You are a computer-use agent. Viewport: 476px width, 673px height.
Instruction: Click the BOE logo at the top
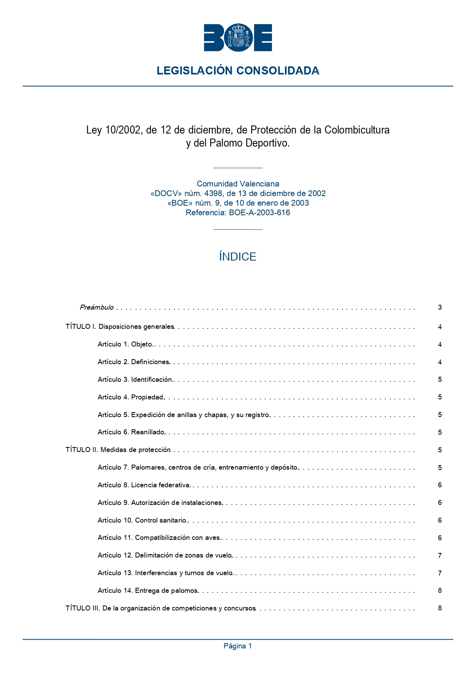[x=238, y=38]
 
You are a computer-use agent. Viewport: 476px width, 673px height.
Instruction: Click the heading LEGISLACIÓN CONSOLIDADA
[x=238, y=71]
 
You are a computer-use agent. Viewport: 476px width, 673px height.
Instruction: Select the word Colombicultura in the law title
[x=357, y=130]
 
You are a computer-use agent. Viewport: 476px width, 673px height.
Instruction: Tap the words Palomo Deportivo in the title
[x=249, y=143]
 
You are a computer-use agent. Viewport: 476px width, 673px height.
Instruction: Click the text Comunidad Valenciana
[x=238, y=184]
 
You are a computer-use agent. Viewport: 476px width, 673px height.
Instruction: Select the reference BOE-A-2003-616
[x=259, y=213]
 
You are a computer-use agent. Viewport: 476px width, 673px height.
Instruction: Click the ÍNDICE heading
[x=238, y=257]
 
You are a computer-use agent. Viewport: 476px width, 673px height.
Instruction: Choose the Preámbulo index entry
[x=97, y=307]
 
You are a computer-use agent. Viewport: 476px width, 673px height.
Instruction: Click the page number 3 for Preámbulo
[x=440, y=307]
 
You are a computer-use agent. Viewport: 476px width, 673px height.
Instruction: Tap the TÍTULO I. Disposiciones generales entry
[x=120, y=327]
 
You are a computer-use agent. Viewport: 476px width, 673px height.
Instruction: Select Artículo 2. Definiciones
[x=133, y=362]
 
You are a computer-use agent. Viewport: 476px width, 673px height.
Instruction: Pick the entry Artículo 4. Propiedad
[x=131, y=397]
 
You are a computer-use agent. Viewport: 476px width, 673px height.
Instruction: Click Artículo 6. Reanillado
[x=131, y=432]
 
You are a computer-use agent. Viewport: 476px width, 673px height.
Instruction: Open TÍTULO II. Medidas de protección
[x=118, y=450]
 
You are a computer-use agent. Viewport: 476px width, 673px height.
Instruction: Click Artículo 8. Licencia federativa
[x=144, y=485]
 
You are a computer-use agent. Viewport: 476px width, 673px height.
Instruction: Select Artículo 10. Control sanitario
[x=142, y=520]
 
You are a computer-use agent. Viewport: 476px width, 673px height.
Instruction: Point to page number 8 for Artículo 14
[x=440, y=591]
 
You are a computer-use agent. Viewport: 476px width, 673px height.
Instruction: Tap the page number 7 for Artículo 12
[x=440, y=556]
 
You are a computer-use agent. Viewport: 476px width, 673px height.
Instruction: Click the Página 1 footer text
[x=238, y=646]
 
